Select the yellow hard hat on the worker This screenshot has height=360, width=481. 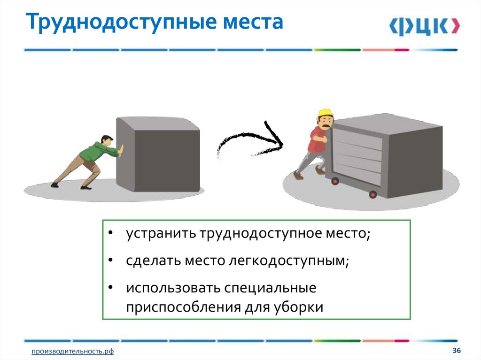click(x=325, y=114)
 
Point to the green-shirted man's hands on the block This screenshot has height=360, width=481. click(x=121, y=152)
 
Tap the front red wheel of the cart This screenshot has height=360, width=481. click(x=372, y=194)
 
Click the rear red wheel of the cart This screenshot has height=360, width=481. click(x=335, y=180)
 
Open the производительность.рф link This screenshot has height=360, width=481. click(x=73, y=352)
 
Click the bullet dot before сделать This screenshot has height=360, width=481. click(x=110, y=260)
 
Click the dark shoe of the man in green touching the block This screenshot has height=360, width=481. click(x=85, y=188)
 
